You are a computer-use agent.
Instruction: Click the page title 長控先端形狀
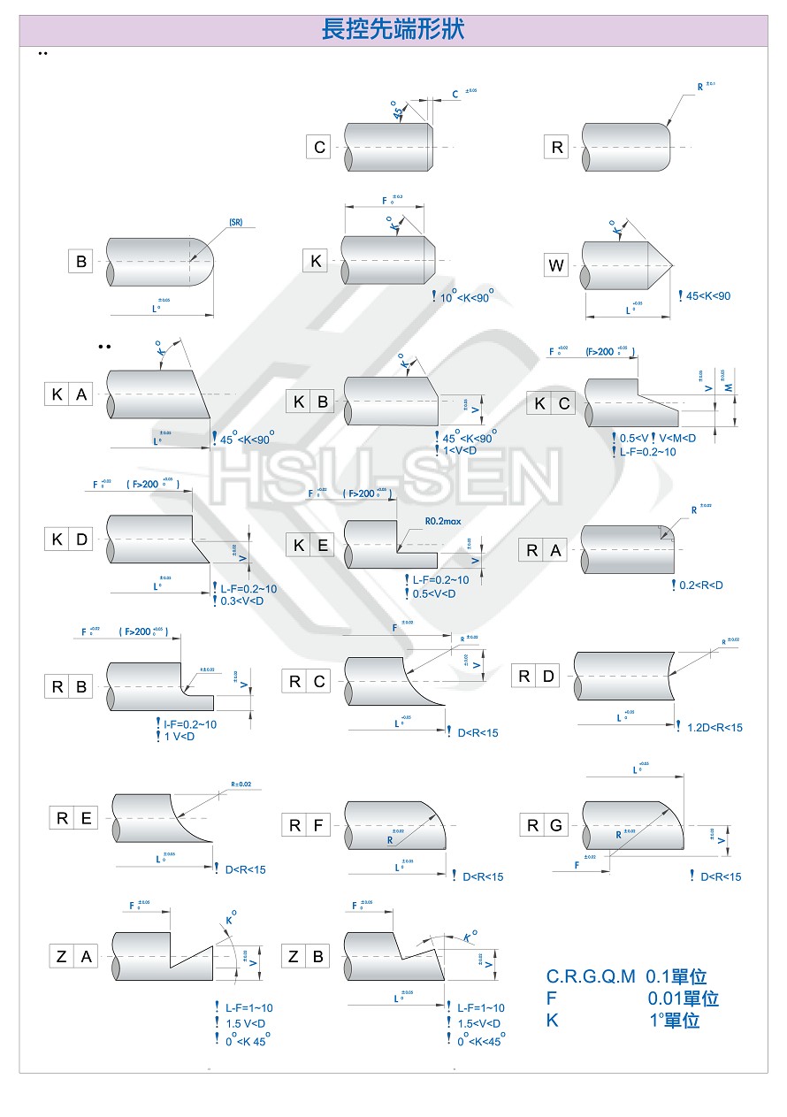[393, 30]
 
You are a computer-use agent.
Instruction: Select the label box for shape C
[319, 148]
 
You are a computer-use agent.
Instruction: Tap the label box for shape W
[556, 264]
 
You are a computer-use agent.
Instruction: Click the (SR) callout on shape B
[235, 223]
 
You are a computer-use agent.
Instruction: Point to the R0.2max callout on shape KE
[443, 521]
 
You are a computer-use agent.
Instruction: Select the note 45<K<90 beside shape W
[707, 295]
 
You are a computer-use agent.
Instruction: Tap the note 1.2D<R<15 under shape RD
[714, 728]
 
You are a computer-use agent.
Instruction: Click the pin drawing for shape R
[624, 148]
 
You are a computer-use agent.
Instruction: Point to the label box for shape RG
[544, 825]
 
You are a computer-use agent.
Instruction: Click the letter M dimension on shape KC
[730, 388]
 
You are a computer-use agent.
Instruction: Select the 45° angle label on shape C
[399, 110]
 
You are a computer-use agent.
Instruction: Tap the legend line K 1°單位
[623, 1020]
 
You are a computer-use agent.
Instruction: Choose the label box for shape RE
[73, 818]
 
